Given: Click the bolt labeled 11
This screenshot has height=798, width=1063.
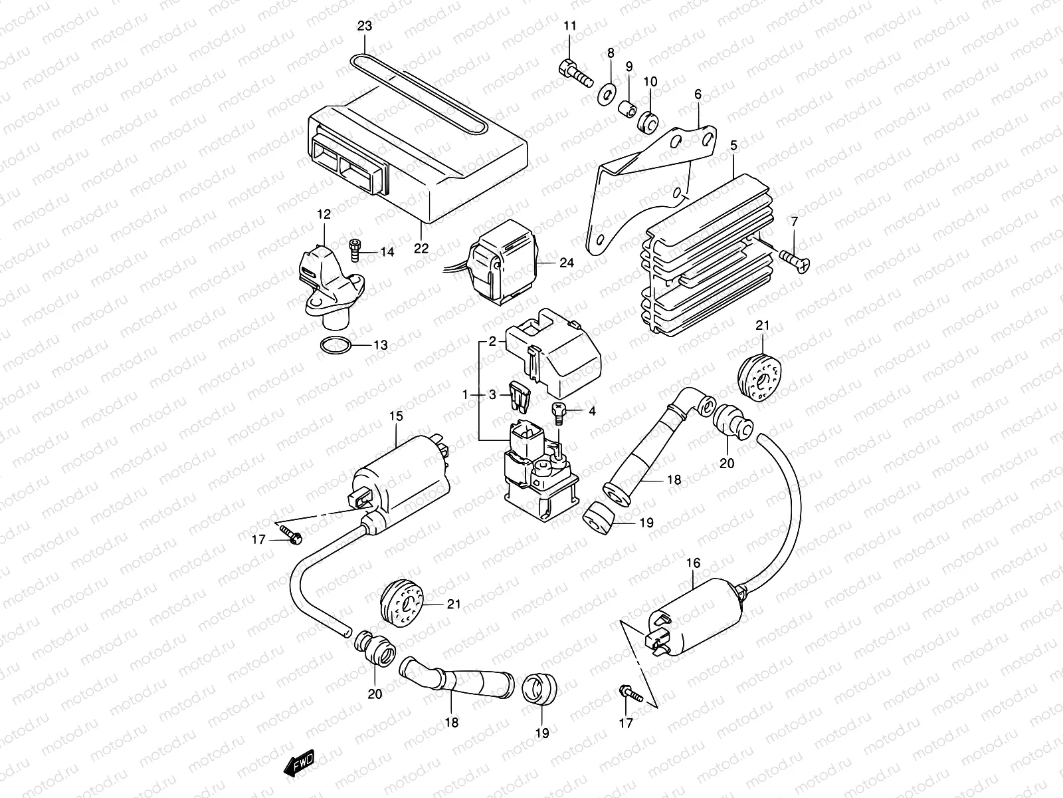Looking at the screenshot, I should click(x=575, y=74).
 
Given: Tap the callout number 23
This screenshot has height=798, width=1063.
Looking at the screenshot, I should click(x=365, y=27).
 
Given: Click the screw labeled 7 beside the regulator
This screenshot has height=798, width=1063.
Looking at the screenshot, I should click(x=793, y=261).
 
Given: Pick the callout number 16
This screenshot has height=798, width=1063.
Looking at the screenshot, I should click(x=693, y=563).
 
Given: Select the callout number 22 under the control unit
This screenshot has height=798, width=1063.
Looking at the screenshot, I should click(x=421, y=249).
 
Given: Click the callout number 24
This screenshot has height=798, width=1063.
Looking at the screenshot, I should click(x=566, y=263).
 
